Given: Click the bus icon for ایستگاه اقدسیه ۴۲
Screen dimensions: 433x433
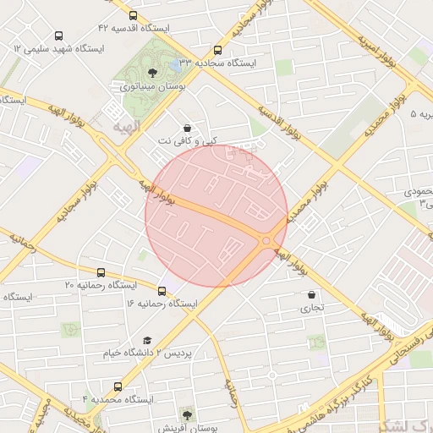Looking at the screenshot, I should [133, 15].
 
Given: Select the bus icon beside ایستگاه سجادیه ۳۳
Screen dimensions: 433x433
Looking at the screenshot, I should [218, 50].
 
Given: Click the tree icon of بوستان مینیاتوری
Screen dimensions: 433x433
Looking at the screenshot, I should [152, 73].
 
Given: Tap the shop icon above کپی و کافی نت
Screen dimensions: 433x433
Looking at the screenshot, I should [186, 129].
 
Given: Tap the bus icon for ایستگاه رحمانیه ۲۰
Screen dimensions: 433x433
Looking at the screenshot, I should [101, 272].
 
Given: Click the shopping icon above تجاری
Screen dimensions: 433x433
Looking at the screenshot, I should [313, 295].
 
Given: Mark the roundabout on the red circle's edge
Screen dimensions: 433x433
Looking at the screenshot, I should [266, 241].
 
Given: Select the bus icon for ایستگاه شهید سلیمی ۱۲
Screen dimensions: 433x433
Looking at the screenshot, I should [58, 36].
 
